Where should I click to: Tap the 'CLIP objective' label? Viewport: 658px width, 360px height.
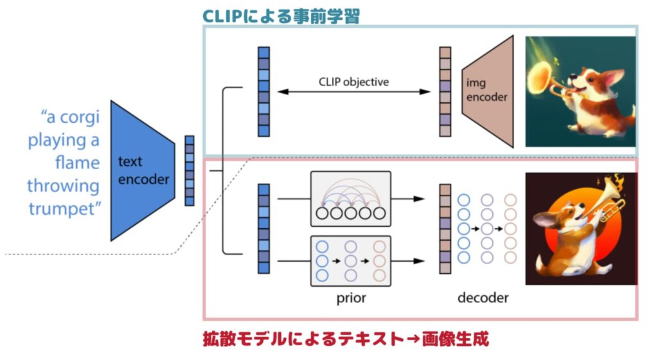coord(353,82)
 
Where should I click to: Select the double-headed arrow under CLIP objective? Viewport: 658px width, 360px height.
coord(353,93)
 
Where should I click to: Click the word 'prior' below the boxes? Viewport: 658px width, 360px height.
coord(351,298)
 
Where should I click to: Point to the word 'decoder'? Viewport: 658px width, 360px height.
coord(483,298)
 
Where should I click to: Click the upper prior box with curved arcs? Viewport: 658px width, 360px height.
coord(351,199)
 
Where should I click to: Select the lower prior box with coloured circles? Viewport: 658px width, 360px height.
coord(351,261)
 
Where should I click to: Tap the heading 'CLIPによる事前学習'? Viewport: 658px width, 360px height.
coord(280,15)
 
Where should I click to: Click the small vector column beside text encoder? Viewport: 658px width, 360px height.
coord(189,170)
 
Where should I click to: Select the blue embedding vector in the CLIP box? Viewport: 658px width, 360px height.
coord(263,91)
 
